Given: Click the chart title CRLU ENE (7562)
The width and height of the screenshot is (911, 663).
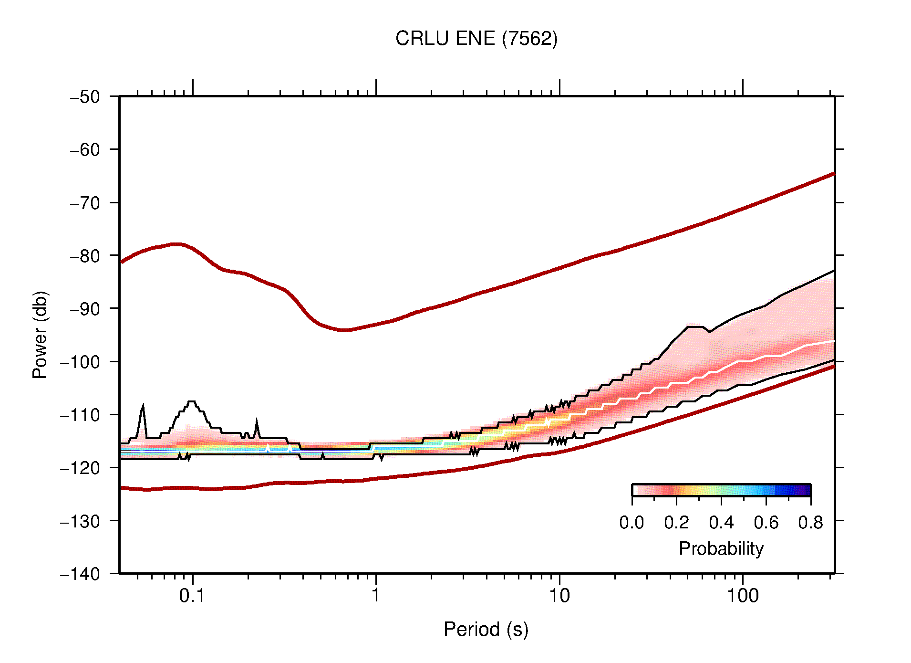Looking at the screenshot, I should point(476,39).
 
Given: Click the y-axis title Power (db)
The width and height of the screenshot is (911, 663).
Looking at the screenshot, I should point(40,335).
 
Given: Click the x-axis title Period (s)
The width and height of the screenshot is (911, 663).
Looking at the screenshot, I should point(486,629).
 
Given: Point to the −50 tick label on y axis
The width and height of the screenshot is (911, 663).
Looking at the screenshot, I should point(85,97).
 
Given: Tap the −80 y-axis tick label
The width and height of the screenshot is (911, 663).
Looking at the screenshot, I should point(85,256).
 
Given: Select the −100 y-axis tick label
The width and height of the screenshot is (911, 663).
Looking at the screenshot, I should point(80,362).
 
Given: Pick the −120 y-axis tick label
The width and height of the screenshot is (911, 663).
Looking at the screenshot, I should point(80,468).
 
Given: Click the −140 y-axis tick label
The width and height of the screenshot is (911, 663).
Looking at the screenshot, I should point(80,574).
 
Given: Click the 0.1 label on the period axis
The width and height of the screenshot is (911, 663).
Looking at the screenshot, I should point(192,595).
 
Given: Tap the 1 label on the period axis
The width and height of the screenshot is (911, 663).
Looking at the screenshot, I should point(376,595).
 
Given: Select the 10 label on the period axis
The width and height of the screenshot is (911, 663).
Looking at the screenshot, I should point(559,595).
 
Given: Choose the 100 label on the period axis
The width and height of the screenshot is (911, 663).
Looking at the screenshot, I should point(743,595).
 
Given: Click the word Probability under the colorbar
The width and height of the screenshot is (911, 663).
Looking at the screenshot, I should point(721,548).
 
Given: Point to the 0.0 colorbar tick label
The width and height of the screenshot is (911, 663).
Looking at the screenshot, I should point(631,523).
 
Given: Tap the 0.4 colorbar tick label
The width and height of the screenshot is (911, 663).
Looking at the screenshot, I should point(721,523).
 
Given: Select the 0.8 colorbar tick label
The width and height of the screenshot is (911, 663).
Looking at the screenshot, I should point(810,523).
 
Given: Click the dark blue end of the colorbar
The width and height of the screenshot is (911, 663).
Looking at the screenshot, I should point(805,490).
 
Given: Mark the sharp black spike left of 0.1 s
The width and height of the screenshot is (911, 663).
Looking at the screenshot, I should point(143,407).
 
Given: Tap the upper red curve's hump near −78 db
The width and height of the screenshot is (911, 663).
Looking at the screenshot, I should point(176,244).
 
